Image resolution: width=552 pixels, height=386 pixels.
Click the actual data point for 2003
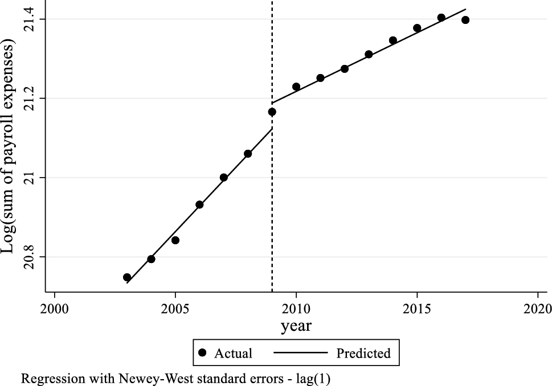tap(127, 277)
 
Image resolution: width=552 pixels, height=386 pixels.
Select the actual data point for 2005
tap(175, 240)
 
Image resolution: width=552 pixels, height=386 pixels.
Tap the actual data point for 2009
tap(272, 112)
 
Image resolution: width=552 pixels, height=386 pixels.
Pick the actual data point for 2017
tap(465, 20)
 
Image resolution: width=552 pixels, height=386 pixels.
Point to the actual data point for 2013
tap(369, 54)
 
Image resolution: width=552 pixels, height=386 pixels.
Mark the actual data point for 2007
tap(224, 178)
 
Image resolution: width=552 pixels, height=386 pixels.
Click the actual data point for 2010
tap(296, 87)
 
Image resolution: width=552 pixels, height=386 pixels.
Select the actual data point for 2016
tap(441, 18)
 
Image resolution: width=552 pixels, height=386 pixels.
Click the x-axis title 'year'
tap(296, 326)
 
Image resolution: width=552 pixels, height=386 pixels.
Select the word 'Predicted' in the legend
tap(363, 354)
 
